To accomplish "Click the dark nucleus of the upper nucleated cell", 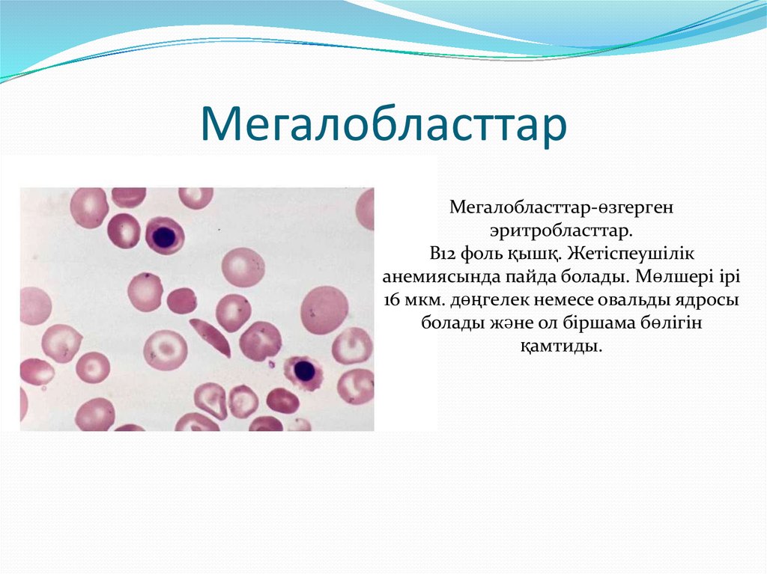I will coord(163,236).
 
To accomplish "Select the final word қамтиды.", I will coord(561,348).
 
